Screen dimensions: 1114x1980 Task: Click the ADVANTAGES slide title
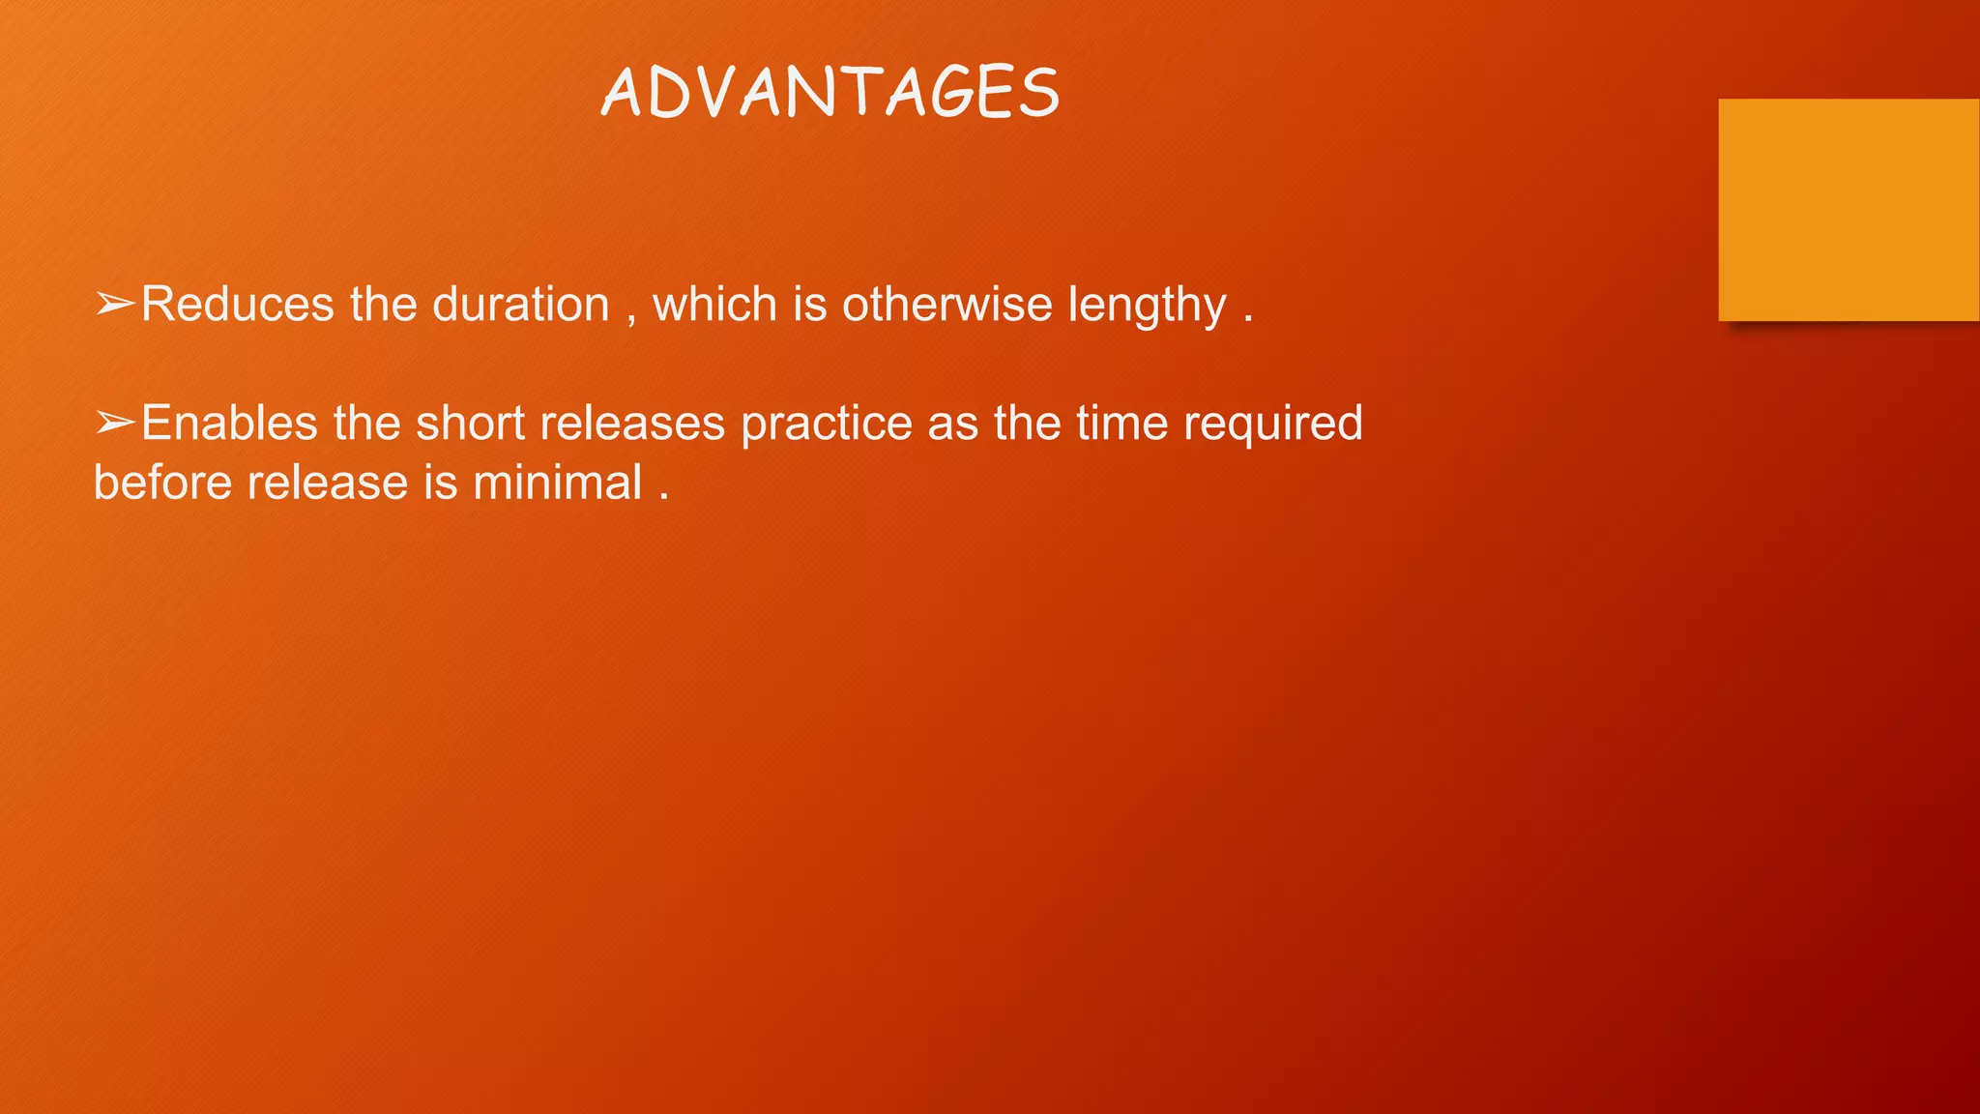[x=830, y=93]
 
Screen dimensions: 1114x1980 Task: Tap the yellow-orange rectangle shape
[x=1849, y=209]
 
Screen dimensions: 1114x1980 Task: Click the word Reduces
[x=238, y=305]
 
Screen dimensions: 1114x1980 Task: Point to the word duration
[x=520, y=305]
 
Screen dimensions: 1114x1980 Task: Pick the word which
[x=714, y=305]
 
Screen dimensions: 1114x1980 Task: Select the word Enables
[x=229, y=424]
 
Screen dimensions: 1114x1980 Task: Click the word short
[x=470, y=424]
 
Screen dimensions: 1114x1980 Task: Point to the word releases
[x=632, y=424]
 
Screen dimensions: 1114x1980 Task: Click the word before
[x=162, y=483]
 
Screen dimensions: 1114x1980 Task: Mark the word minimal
[x=558, y=483]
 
